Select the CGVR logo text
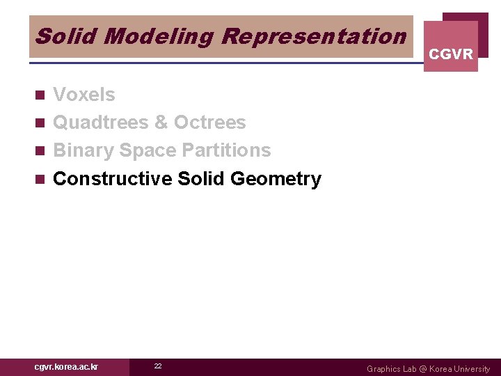[x=451, y=54]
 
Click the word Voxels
[x=84, y=94]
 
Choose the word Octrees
[x=209, y=123]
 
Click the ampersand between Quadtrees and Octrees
[x=161, y=123]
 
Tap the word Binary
[x=83, y=150]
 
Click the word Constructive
[x=113, y=179]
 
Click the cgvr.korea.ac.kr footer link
[x=66, y=366]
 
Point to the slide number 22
[x=158, y=366]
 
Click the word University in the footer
[x=471, y=369]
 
